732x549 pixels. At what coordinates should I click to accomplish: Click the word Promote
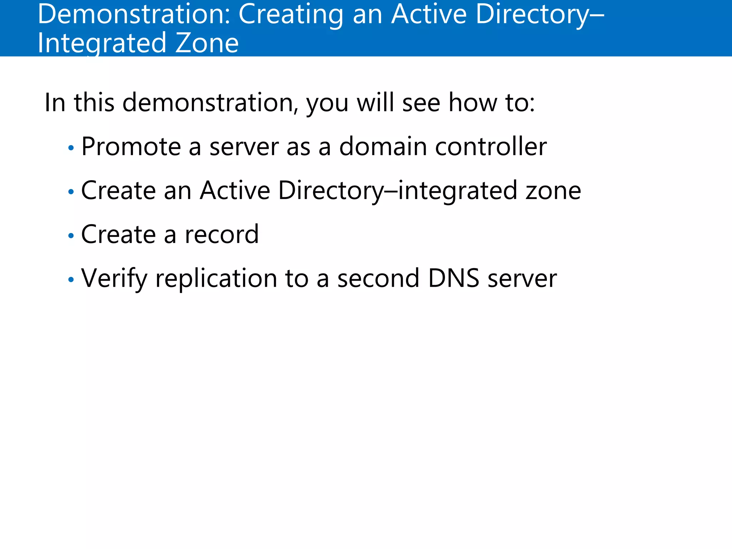pos(131,147)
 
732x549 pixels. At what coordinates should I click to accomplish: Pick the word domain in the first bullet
pos(383,147)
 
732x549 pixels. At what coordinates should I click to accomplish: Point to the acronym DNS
pos(454,278)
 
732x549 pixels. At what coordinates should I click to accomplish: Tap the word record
pos(222,234)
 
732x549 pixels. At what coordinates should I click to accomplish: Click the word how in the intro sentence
pos(473,103)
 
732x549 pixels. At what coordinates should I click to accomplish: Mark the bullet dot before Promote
pos(71,148)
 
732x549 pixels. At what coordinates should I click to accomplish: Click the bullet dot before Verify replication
pos(71,280)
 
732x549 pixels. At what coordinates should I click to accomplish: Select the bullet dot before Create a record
pos(71,236)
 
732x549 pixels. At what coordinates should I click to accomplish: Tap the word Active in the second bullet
pos(235,191)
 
